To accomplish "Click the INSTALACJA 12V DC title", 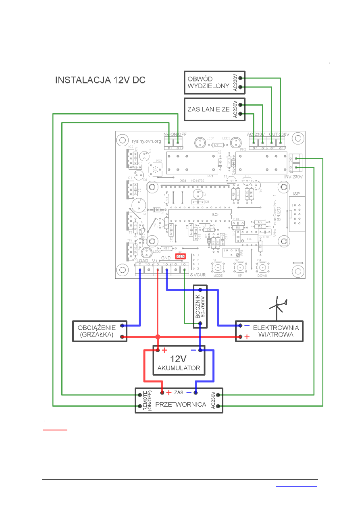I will (x=100, y=80).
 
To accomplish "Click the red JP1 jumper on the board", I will (x=181, y=256).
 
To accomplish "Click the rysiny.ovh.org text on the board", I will (x=146, y=141).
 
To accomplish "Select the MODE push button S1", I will (x=218, y=268).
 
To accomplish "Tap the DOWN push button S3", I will (x=262, y=268).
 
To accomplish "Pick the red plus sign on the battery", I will (x=164, y=351).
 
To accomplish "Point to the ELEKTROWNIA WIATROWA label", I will (x=276, y=331).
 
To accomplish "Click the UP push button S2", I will (x=240, y=268).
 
